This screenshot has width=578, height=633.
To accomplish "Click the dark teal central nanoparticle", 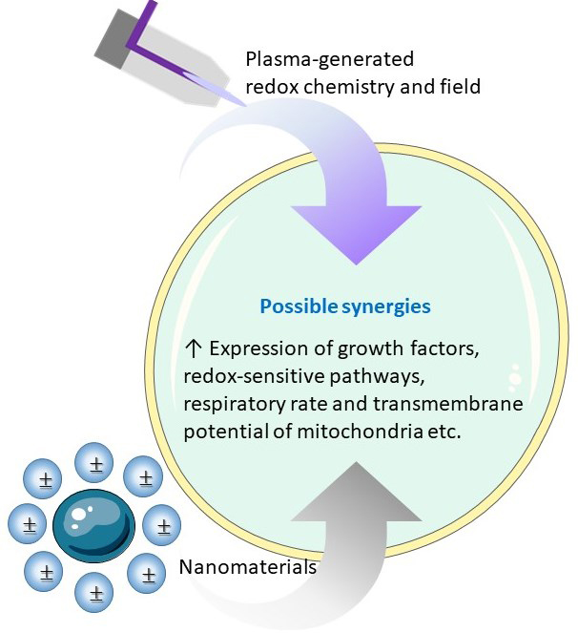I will pyautogui.click(x=94, y=523).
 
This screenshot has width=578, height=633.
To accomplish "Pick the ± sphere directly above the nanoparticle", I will pyautogui.click(x=95, y=467).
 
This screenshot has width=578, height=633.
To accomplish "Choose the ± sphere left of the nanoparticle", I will pyautogui.click(x=30, y=524).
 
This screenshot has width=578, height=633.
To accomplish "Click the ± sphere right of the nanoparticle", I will pyautogui.click(x=163, y=524).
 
